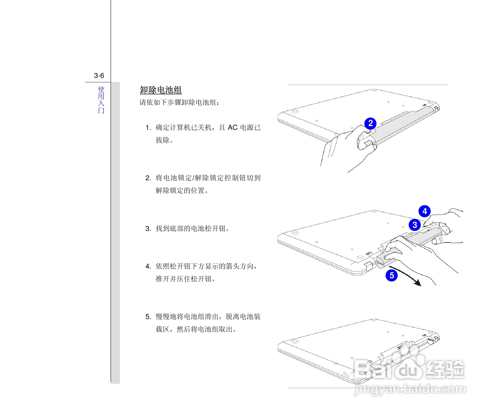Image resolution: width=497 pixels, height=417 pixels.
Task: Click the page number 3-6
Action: [99, 76]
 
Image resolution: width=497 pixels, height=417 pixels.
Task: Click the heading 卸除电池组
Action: [161, 90]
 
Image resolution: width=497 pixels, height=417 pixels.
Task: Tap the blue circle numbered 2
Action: [370, 123]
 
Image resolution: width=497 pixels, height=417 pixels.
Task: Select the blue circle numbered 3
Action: [415, 225]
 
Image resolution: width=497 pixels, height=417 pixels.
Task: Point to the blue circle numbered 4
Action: [424, 211]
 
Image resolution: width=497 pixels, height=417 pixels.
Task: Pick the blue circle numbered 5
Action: [392, 275]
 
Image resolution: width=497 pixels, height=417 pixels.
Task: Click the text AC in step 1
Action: [233, 127]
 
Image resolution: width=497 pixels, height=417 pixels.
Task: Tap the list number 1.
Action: [148, 127]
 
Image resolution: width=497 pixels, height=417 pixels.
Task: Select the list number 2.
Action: [148, 178]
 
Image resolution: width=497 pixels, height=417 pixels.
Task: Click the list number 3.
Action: [148, 229]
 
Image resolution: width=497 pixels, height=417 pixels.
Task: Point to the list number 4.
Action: [148, 266]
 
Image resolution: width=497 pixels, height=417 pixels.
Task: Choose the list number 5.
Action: [148, 317]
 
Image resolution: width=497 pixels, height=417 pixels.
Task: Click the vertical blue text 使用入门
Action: [101, 100]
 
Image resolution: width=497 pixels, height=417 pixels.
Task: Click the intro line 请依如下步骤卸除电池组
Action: [180, 103]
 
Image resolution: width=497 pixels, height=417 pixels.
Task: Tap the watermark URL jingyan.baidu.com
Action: [410, 390]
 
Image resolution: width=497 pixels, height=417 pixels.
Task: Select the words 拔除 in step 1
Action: [163, 140]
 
